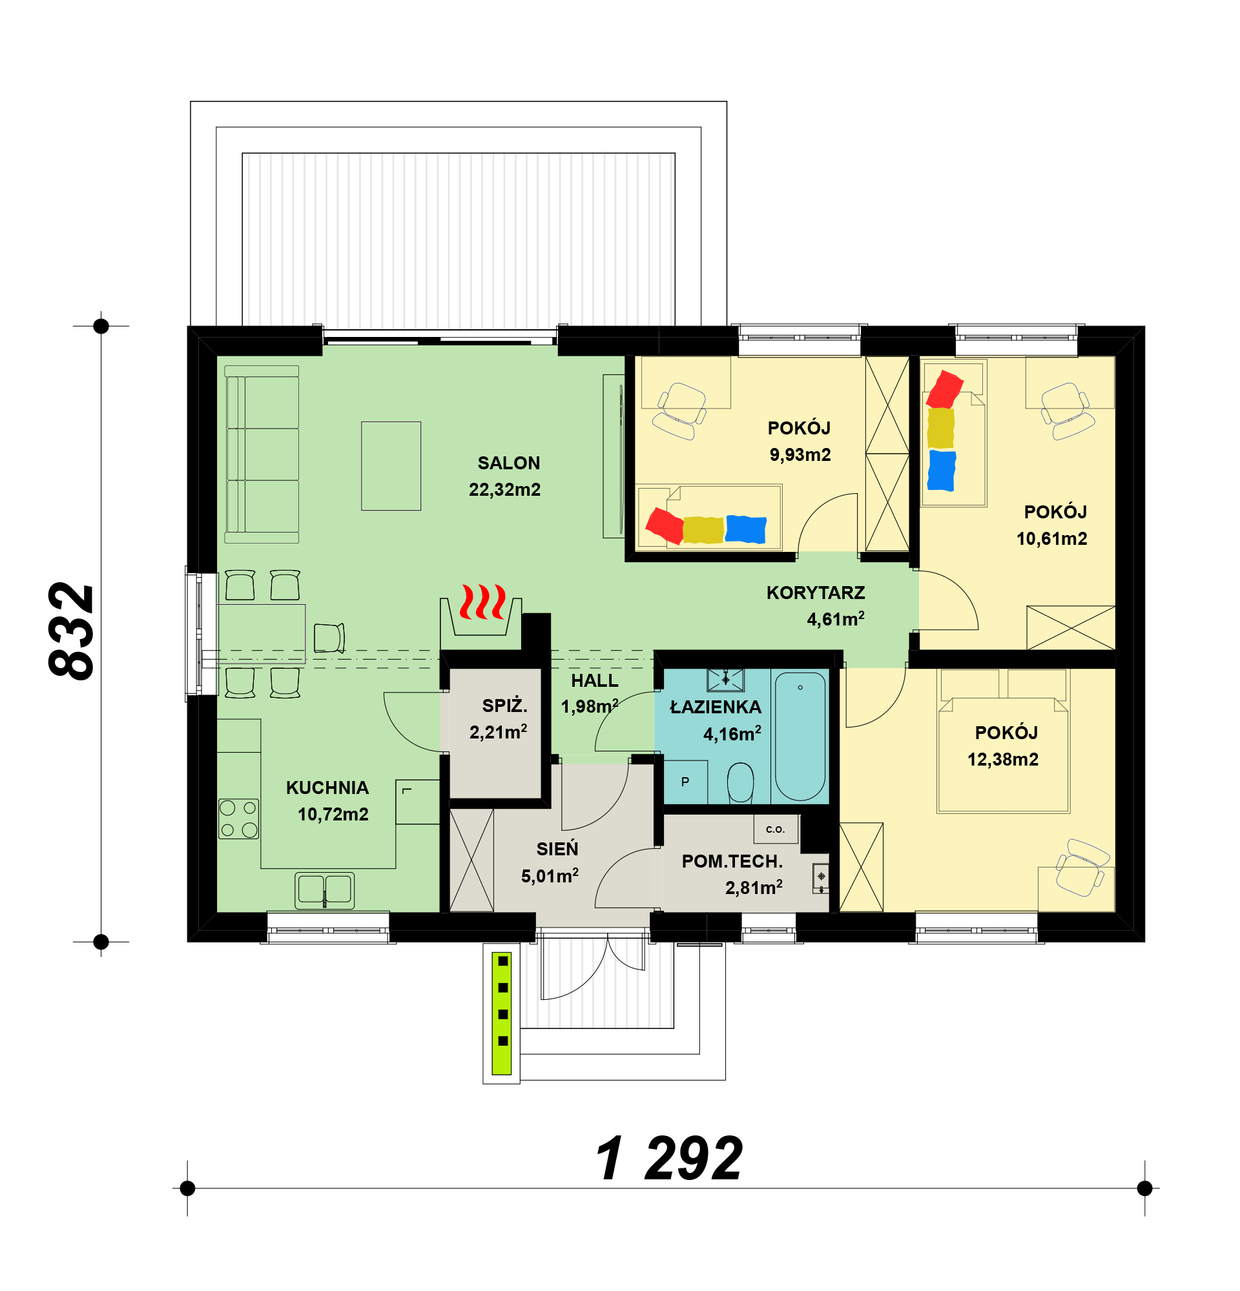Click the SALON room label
pyautogui.click(x=508, y=463)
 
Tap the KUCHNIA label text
pyautogui.click(x=327, y=788)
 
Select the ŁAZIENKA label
pyautogui.click(x=716, y=707)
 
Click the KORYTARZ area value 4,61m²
pyautogui.click(x=836, y=619)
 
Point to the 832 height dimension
pyautogui.click(x=71, y=631)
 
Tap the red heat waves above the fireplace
pyautogui.click(x=483, y=602)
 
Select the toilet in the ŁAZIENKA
pyautogui.click(x=740, y=783)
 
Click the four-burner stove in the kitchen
pyautogui.click(x=238, y=818)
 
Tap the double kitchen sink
pyautogui.click(x=324, y=891)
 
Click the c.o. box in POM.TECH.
pyautogui.click(x=776, y=829)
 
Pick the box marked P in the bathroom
pyautogui.click(x=685, y=782)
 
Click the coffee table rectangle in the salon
pyautogui.click(x=391, y=465)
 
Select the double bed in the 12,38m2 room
pyautogui.click(x=1004, y=741)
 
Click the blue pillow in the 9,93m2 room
pyautogui.click(x=746, y=529)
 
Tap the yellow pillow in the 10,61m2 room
pyautogui.click(x=940, y=428)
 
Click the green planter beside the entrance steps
pyautogui.click(x=502, y=1013)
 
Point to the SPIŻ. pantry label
pyautogui.click(x=504, y=706)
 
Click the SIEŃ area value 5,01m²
pyautogui.click(x=550, y=876)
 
